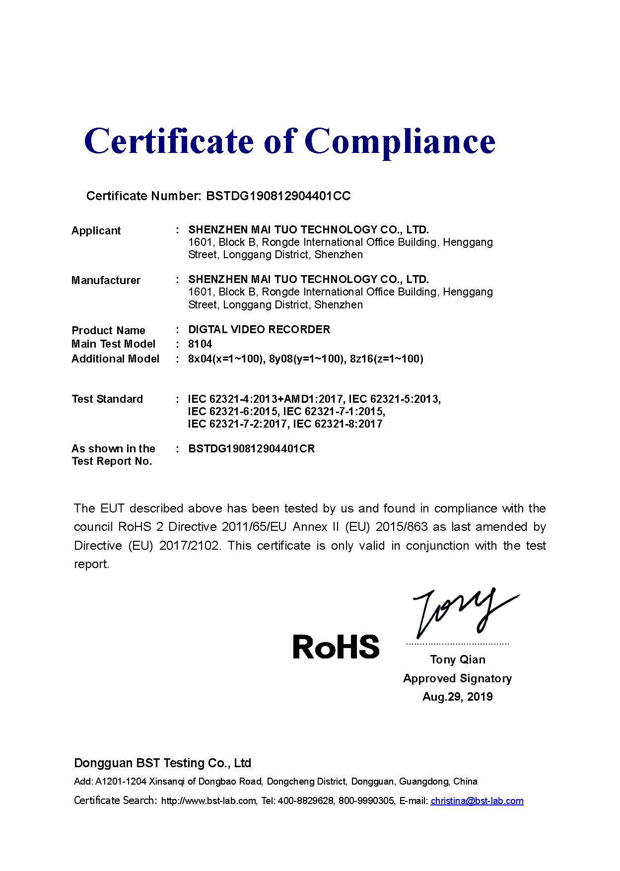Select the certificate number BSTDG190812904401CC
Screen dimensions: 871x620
pos(278,196)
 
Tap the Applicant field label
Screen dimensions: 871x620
pos(96,230)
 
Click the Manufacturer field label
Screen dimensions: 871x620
pos(106,280)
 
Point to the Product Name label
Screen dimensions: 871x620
pos(108,331)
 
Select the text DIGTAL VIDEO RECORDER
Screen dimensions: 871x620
pos(259,330)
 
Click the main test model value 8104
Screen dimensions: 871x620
pos(200,344)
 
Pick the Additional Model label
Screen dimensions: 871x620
pos(115,359)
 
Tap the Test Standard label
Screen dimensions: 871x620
pos(107,399)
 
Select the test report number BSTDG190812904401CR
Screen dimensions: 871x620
pos(251,449)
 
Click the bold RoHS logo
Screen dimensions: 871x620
pos(336,647)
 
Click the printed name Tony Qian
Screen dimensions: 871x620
pos(457,659)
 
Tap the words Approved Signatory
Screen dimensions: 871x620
pos(457,678)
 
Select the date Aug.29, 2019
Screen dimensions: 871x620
pos(457,697)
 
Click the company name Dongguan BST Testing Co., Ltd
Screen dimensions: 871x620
pos(162,763)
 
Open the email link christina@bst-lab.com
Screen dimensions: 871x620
pos(477,800)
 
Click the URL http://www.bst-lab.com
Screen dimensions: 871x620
pos(209,800)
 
